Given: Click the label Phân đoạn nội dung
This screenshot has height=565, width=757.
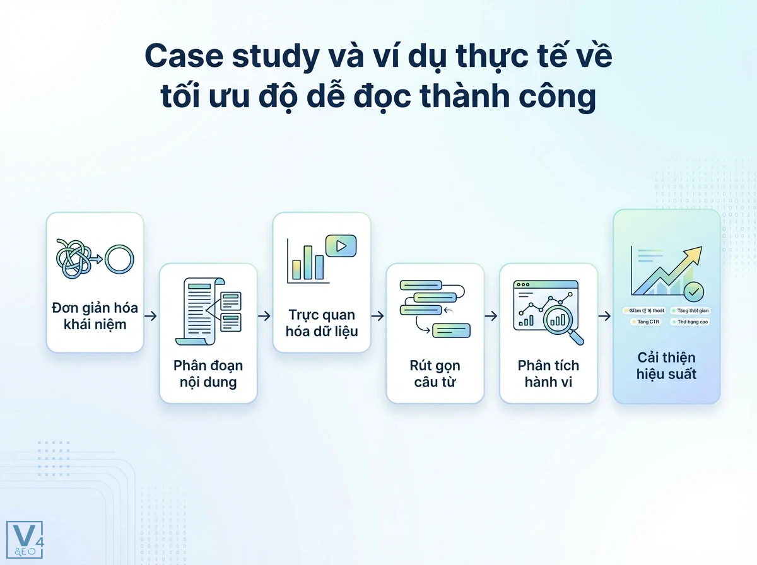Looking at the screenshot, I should [208, 374].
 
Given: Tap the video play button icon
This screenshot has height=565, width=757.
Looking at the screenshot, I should [341, 246].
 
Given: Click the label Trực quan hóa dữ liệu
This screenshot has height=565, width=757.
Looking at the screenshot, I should [322, 322].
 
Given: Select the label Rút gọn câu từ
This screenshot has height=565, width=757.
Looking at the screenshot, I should [435, 374].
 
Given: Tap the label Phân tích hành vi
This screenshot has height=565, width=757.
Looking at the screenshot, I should [548, 374].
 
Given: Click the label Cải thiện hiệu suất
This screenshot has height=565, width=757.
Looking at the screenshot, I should [666, 366].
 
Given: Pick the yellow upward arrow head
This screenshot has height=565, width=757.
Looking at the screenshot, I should [693, 254].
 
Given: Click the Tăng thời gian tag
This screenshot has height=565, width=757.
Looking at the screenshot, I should [690, 310].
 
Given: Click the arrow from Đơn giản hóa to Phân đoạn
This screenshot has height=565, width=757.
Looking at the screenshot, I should [151, 316].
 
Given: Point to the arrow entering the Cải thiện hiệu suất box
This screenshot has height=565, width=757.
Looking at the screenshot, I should [604, 316].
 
